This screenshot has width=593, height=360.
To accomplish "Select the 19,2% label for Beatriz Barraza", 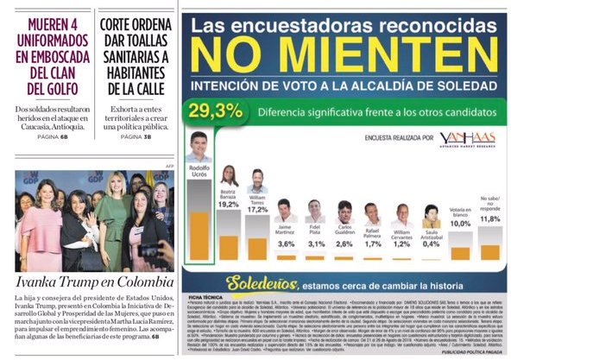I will (229, 204).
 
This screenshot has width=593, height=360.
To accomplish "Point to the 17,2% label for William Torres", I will (257, 209).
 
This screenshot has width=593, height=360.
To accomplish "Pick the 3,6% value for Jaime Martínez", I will (285, 244).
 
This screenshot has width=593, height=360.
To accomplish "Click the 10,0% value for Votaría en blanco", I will (461, 223).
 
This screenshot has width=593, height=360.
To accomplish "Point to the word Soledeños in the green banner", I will (261, 282).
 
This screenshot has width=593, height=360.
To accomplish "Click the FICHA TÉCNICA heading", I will (205, 296).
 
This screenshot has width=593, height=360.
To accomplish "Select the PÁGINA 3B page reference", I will (136, 136).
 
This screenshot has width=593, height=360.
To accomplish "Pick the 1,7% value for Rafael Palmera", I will (372, 244).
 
